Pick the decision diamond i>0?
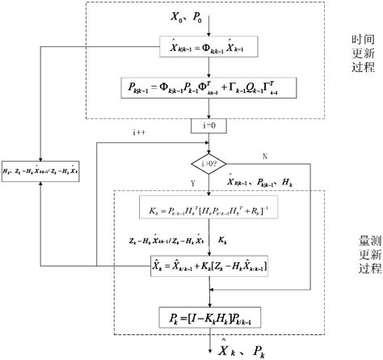[x=209, y=163]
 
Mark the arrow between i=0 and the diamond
[x=209, y=141]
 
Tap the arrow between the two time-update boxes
[x=209, y=70]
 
